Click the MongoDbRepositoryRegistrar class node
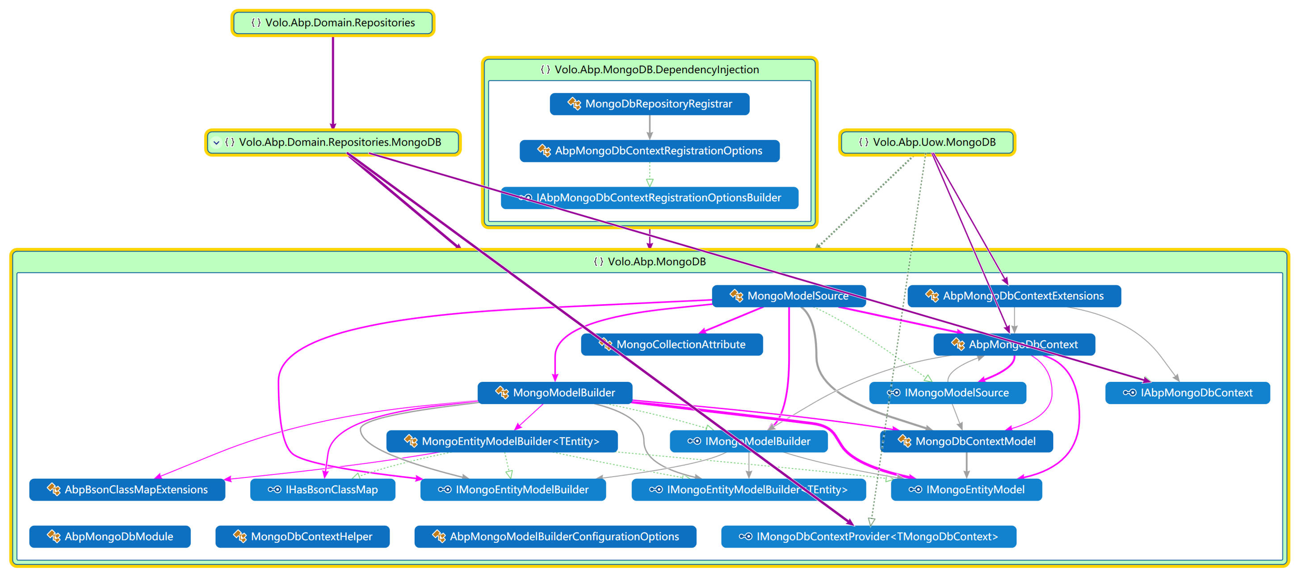[649, 104]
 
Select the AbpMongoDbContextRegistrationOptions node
[649, 151]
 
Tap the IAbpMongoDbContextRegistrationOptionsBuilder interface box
[649, 197]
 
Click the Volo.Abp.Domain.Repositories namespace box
[332, 23]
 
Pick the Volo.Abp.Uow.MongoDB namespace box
[927, 142]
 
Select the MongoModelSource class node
[789, 296]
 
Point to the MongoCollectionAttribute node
[672, 344]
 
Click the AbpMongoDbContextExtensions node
[1014, 296]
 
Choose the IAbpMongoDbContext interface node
[1187, 393]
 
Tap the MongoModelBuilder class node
[554, 393]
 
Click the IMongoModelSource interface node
[947, 393]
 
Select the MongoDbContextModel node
[966, 441]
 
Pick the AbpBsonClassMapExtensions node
[127, 489]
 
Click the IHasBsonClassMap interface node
[322, 489]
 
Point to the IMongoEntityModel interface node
[966, 489]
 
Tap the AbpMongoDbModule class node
[110, 536]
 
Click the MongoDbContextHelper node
[302, 536]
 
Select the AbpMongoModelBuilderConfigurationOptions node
[555, 536]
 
